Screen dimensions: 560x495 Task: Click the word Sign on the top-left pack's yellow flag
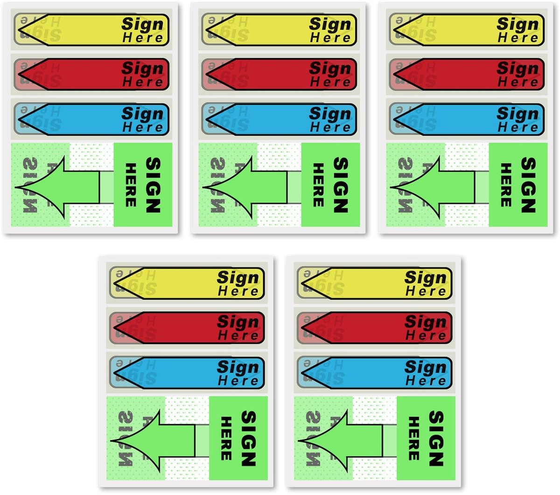142,24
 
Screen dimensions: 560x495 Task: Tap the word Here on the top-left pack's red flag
143,82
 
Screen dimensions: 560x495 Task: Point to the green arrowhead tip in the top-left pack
15,187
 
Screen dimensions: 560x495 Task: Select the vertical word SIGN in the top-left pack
153,185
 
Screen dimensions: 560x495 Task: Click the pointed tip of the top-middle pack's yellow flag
206,29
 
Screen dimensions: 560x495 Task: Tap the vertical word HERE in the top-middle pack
318,185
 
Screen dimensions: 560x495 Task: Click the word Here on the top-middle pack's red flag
330,82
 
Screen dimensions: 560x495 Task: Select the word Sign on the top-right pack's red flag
518,68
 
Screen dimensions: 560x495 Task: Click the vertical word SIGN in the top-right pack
528,185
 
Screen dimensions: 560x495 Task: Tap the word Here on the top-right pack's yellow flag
518,38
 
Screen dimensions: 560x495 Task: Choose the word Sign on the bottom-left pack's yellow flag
238,277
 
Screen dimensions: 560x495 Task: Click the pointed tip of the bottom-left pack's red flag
114,327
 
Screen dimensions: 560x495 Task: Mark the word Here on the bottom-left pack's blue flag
238,381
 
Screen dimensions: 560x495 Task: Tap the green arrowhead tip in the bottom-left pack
111,441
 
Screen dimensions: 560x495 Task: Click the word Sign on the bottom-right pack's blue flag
426,367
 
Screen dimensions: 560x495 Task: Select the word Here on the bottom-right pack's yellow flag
426,291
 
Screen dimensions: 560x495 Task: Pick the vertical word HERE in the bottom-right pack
414,439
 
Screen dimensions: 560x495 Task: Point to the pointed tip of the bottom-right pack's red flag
302,327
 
